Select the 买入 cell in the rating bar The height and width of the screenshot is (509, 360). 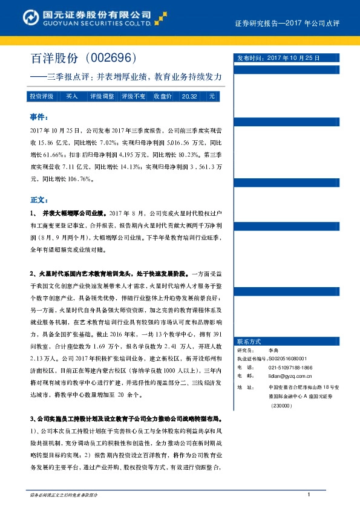pos(72,96)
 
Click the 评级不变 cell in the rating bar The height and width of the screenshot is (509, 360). pos(133,96)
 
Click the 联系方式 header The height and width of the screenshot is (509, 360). pos(249,342)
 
